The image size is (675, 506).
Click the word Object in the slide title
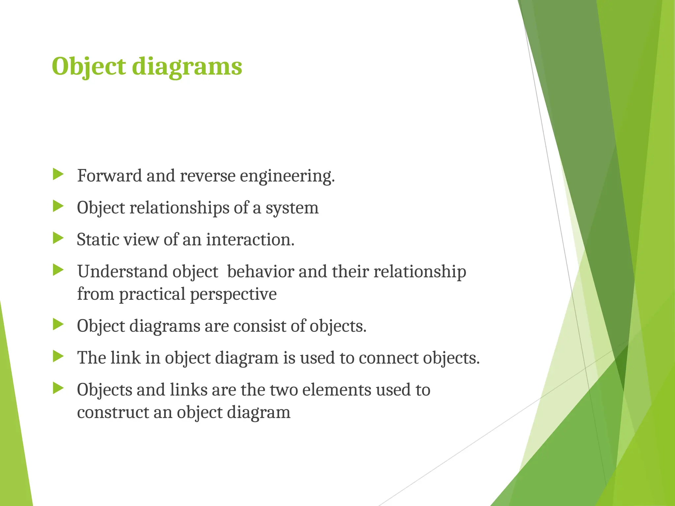(89, 67)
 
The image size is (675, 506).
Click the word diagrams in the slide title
(187, 67)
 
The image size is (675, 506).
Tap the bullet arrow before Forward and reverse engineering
(58, 174)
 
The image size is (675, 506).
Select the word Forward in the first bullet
(109, 175)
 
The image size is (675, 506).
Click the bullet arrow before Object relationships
(58, 207)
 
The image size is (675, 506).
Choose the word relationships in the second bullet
(179, 208)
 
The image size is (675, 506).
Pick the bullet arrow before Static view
(58, 238)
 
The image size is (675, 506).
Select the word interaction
(250, 239)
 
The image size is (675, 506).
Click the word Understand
(122, 271)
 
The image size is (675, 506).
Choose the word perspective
(233, 294)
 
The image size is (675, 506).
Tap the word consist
(259, 326)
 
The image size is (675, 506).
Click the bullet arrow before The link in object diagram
(58, 356)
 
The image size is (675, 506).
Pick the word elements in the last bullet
(337, 390)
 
